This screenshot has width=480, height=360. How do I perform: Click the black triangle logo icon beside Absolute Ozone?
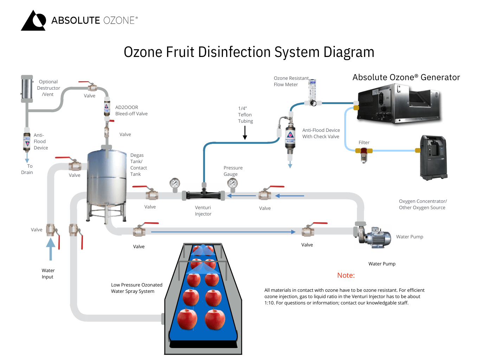34,21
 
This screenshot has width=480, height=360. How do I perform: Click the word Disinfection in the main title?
232,52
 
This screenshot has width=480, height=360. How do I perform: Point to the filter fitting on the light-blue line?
364,153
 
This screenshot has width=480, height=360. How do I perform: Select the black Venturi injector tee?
204,194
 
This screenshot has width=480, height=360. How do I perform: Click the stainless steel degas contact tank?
107,179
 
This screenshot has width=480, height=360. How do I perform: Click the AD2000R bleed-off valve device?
107,107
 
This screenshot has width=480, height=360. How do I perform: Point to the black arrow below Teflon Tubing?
245,133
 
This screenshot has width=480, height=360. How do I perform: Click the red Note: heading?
346,275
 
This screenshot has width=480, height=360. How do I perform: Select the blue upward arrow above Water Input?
51,249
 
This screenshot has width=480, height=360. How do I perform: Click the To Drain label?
27,169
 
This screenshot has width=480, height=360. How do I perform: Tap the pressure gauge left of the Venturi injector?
175,184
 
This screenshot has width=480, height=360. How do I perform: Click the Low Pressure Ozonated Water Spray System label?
136,288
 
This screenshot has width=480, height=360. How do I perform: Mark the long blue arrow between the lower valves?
223,232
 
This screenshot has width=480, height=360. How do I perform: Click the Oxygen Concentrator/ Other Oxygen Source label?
422,204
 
